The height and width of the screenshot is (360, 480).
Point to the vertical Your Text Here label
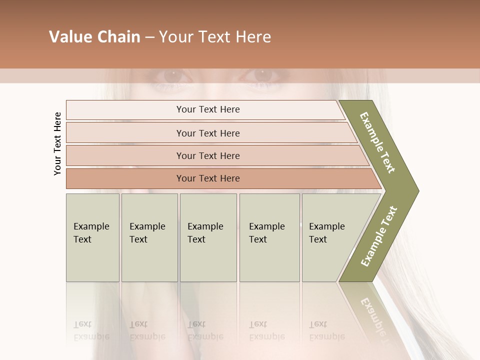click(57, 144)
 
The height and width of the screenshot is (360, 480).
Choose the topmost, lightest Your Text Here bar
click(207, 109)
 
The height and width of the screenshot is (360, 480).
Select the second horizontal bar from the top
click(207, 133)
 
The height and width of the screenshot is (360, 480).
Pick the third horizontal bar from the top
click(207, 155)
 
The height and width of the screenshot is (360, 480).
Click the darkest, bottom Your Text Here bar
click(207, 178)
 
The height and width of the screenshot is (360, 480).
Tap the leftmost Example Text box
click(92, 237)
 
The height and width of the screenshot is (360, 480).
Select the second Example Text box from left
click(149, 237)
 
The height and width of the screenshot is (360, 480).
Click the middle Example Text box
click(208, 237)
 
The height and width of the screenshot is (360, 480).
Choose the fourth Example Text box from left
click(269, 237)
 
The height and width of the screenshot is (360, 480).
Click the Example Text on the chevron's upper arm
click(377, 142)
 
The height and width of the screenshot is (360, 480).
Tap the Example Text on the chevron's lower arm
click(378, 236)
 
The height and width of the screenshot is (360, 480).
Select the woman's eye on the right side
click(261, 75)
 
